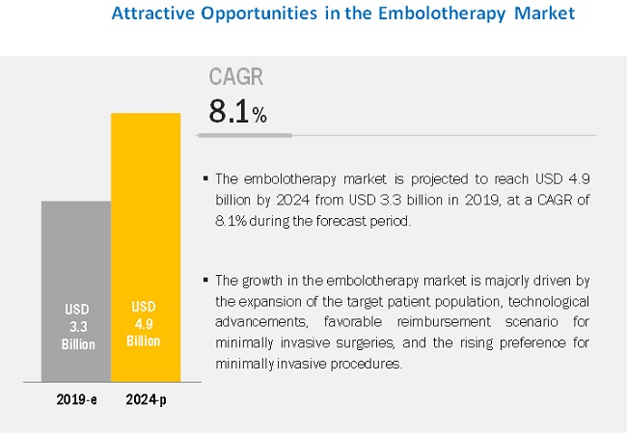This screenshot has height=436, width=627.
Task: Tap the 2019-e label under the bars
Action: coord(75,395)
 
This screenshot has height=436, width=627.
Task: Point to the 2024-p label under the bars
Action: coord(146,395)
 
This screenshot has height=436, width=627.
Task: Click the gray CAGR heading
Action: coord(237,77)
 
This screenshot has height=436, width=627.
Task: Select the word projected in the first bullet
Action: coord(387,178)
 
